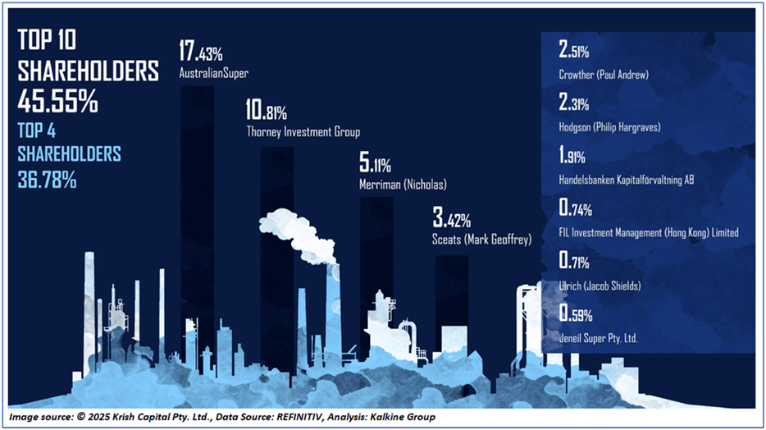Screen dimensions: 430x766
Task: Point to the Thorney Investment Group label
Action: [x=303, y=131]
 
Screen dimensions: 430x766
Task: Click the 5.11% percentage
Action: [x=376, y=164]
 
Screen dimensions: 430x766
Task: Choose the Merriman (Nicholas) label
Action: [x=395, y=184]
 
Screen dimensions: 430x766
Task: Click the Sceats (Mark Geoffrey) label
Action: [x=481, y=240]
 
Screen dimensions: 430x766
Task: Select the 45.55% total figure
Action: [x=58, y=103]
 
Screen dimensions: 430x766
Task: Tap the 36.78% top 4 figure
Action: [x=48, y=179]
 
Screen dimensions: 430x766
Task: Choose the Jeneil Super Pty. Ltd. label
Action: [x=598, y=337]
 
